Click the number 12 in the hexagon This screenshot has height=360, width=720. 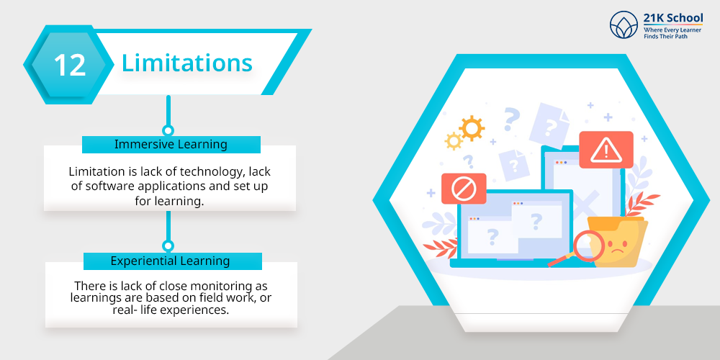point(70,66)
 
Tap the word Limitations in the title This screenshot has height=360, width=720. point(187,63)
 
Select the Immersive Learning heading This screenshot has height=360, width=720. point(171,144)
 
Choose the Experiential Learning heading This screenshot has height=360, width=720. point(171,261)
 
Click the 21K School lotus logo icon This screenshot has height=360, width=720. point(624,24)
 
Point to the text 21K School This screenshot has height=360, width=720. point(672,19)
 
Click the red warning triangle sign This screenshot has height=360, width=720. point(606,150)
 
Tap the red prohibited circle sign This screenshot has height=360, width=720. point(463,188)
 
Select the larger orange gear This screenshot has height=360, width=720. point(472,128)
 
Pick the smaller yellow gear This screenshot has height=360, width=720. point(454,141)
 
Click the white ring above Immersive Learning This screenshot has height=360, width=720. point(168,130)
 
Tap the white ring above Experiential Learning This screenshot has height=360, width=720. point(168,246)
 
